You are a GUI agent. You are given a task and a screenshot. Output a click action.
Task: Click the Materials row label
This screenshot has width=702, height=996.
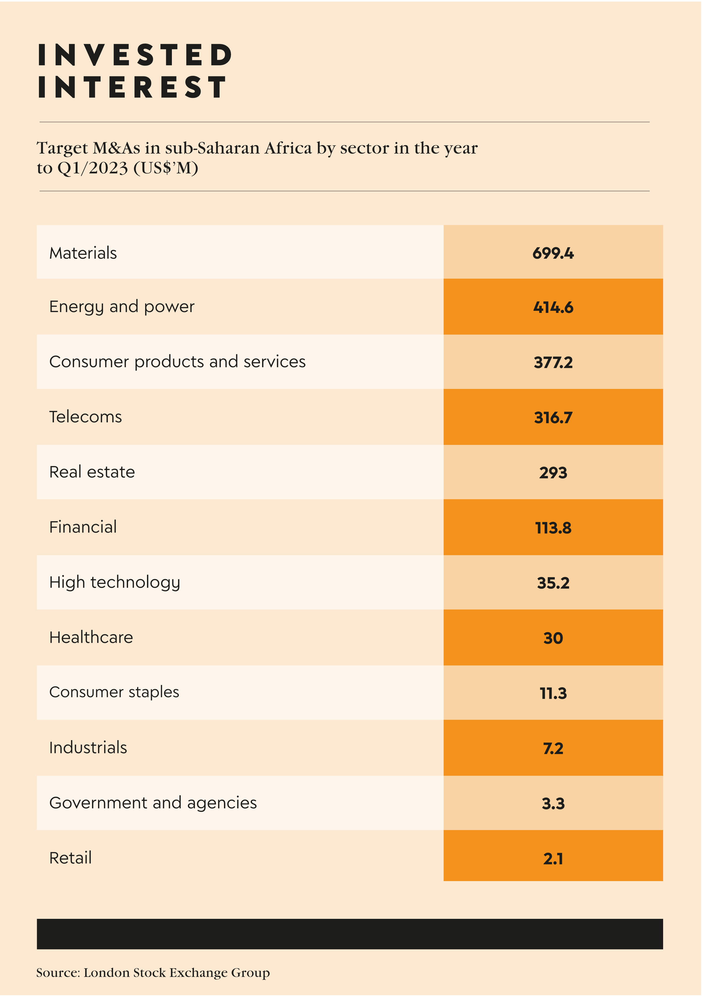point(83,253)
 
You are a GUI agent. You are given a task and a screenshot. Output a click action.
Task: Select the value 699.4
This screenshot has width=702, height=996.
point(553,253)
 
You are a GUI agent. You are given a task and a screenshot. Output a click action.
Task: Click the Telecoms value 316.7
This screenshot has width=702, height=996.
point(553,417)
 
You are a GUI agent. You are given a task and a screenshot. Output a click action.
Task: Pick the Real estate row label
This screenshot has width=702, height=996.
point(92,472)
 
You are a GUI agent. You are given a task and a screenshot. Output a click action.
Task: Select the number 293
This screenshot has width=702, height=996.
point(553,472)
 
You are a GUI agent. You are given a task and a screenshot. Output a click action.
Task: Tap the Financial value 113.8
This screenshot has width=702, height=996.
point(553,528)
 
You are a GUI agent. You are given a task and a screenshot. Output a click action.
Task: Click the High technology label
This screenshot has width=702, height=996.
point(115,582)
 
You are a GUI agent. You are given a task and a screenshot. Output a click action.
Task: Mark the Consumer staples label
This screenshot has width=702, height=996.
point(114,692)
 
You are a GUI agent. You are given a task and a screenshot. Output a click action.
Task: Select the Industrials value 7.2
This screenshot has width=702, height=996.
point(553,748)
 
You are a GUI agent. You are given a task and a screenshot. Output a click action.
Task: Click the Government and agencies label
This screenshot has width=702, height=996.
point(153,803)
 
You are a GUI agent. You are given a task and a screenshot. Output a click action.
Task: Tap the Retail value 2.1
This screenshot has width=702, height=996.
point(553,858)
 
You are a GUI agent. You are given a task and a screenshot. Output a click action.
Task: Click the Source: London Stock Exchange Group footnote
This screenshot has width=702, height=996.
point(153,973)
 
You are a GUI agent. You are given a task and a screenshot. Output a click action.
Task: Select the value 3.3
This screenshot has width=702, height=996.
point(553,803)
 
